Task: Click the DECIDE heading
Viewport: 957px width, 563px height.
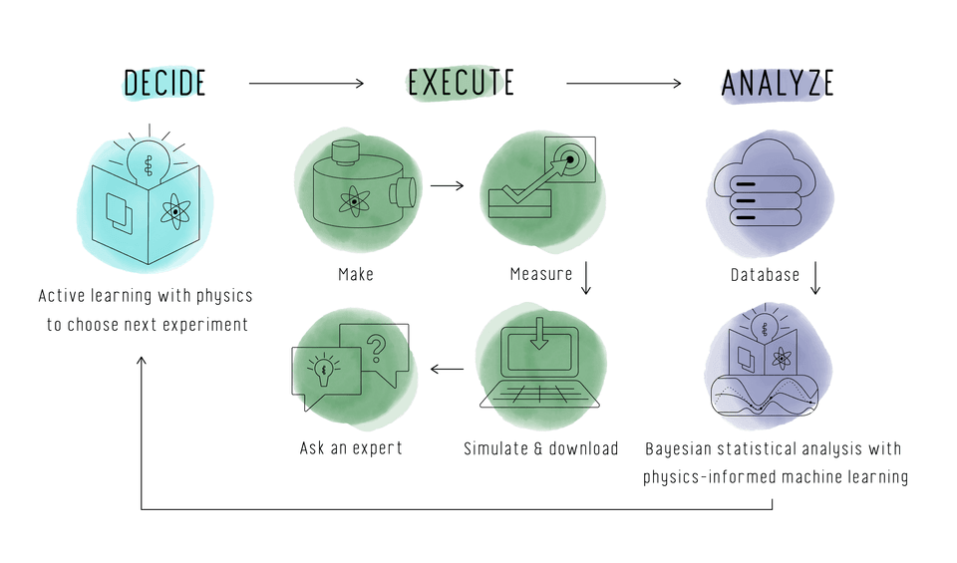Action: (x=164, y=84)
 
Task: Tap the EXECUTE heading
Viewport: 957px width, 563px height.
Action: (x=461, y=84)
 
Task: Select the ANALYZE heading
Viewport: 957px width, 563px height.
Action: (x=777, y=84)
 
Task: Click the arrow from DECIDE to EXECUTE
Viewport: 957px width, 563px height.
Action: (x=306, y=84)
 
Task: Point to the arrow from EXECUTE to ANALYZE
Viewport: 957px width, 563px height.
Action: (x=624, y=84)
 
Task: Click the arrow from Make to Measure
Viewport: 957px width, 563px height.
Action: (x=448, y=185)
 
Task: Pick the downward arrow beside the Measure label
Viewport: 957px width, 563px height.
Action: (x=586, y=277)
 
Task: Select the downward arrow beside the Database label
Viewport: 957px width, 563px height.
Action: (x=814, y=277)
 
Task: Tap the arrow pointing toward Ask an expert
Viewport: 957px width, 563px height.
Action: (x=447, y=371)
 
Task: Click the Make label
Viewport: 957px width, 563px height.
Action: (x=356, y=274)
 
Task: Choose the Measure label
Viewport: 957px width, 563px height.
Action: (x=541, y=274)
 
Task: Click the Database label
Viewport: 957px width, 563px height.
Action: (x=765, y=274)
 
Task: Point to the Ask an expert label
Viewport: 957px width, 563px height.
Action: (x=351, y=448)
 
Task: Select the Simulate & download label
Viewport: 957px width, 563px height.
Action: (x=541, y=448)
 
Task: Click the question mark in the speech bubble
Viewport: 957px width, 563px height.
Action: (x=376, y=348)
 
